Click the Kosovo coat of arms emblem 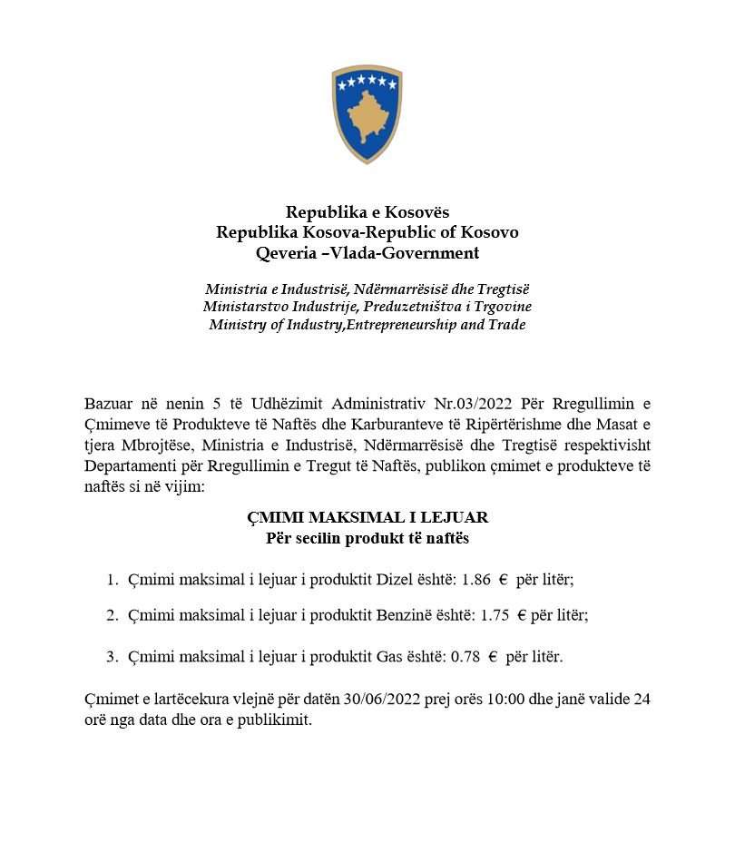[367, 113]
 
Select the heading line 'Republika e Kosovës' [367, 212]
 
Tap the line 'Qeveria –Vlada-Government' [367, 252]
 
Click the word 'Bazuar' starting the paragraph [107, 402]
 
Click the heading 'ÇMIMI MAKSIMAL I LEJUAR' [367, 517]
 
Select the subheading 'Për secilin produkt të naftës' [367, 538]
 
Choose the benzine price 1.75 [494, 614]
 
